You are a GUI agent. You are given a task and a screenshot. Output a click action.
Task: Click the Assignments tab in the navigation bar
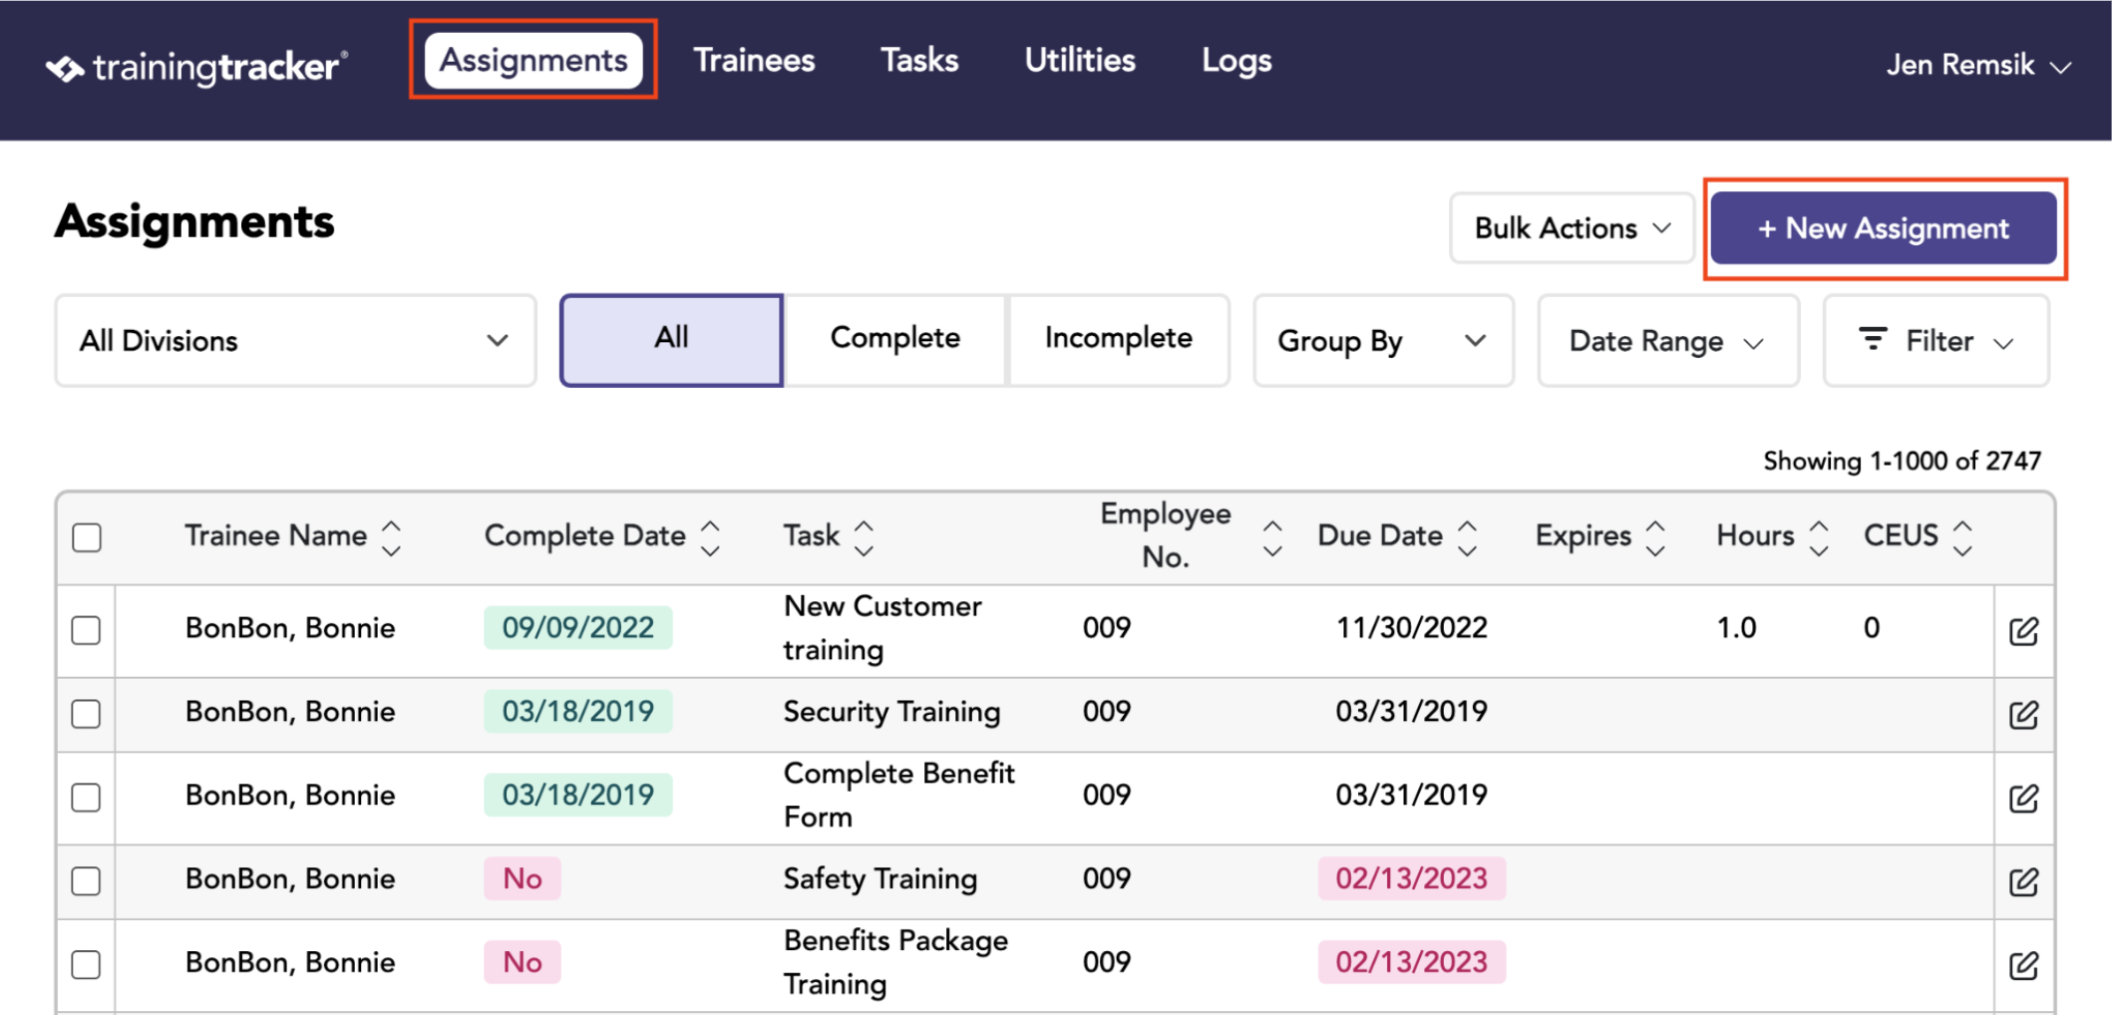533,61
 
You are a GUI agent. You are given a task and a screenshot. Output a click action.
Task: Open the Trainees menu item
754,61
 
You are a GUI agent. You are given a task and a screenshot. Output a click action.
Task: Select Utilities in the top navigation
1080,61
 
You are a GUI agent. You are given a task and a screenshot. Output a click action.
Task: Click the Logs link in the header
1236,61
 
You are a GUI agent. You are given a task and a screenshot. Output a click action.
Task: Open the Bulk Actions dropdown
1572,228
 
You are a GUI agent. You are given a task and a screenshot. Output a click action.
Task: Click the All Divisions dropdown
295,340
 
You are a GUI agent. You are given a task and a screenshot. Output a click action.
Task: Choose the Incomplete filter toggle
1118,339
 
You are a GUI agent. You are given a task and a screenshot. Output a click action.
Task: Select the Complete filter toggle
894,339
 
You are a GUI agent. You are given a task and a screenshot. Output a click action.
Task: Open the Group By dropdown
1383,340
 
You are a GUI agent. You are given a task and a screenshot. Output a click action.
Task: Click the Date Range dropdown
1667,340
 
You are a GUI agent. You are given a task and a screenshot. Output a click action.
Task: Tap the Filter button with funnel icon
1936,340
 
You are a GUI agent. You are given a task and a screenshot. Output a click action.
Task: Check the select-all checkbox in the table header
87,537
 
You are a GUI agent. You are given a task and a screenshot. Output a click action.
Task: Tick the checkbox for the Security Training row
87,713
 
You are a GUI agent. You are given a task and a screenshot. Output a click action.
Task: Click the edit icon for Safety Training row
2023,881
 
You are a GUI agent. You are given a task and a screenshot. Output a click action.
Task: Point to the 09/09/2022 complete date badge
578,628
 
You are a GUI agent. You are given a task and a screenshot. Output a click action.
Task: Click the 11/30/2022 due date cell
1411,628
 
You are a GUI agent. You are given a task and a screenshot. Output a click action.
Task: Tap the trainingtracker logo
196,68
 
